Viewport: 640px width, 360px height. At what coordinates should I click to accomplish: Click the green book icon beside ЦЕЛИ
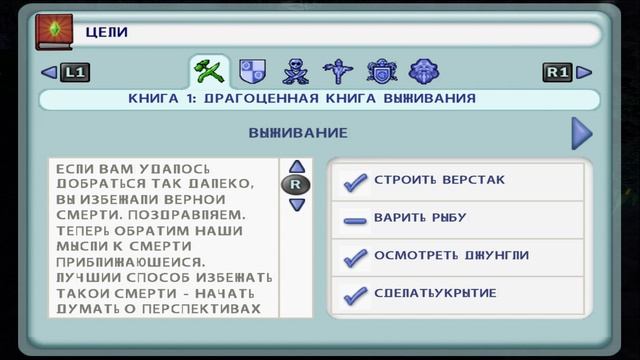(49, 31)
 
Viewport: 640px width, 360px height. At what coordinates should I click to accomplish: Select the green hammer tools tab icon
(209, 71)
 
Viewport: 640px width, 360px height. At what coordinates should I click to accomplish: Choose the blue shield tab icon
(254, 71)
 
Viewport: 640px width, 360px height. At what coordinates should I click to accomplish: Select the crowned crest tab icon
(381, 71)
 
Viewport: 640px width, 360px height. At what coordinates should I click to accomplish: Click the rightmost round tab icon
(424, 71)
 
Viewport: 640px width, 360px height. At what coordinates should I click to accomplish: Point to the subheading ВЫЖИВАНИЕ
(298, 133)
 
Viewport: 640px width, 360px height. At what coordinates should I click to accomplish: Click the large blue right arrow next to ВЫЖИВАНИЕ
(581, 133)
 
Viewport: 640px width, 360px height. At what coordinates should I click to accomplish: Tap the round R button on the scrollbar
(296, 185)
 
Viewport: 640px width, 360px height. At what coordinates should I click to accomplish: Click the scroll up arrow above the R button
(296, 167)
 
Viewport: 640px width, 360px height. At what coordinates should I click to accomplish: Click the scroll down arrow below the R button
(296, 204)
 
